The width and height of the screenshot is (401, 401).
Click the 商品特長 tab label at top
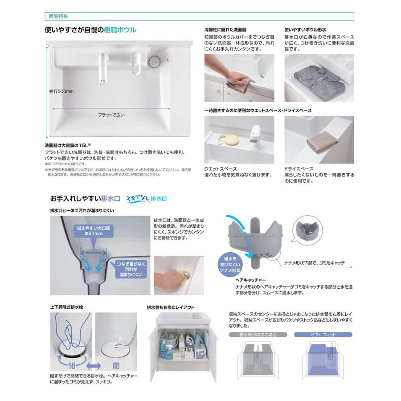pos(57,17)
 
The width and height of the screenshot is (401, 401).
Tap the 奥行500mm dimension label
pos(61,91)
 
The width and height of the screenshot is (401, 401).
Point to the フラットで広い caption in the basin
pos(111,115)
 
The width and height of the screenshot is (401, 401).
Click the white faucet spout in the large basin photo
pos(103,67)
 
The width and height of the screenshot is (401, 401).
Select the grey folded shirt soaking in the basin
pos(315,78)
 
